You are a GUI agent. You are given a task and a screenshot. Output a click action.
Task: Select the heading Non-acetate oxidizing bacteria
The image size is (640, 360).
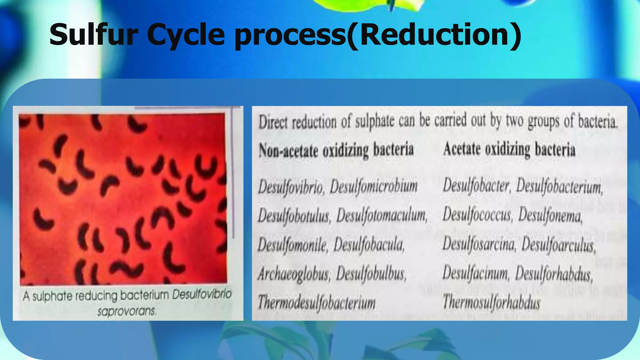[x=336, y=150]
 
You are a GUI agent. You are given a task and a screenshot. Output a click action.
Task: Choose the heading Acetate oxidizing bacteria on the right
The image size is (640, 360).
[x=509, y=149]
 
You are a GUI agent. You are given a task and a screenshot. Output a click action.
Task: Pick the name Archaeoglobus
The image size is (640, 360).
[x=293, y=274]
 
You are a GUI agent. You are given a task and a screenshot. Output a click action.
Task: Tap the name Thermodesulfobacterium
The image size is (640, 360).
[x=316, y=302]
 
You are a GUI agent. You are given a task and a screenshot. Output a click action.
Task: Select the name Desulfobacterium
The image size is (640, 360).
[x=559, y=187]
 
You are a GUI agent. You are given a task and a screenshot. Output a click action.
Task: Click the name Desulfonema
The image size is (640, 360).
[x=550, y=216]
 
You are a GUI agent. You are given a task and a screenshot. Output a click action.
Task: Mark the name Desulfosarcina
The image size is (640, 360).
[x=478, y=244]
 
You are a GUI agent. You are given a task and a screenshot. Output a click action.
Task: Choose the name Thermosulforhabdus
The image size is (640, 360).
[x=491, y=302]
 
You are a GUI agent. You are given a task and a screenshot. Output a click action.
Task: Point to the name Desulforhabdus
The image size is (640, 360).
[x=554, y=274]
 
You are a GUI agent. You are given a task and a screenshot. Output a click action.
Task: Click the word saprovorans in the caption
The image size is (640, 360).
[x=126, y=311]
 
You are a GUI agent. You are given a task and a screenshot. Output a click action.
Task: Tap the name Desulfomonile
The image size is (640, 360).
[x=292, y=245]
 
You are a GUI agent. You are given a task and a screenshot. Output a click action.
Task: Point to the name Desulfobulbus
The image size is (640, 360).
[x=371, y=274]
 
